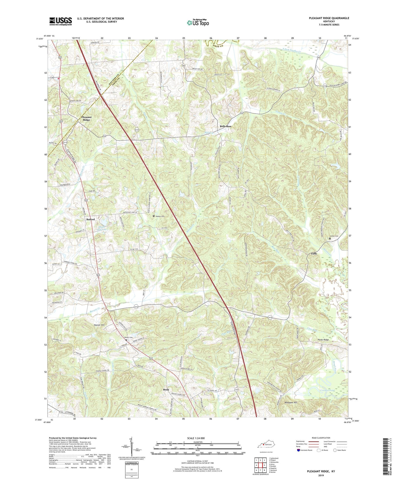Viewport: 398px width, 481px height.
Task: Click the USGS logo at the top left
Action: point(60,21)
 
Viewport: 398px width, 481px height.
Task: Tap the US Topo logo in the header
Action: point(198,23)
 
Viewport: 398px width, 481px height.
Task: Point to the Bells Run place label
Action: point(225,126)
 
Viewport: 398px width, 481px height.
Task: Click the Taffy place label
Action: point(314,254)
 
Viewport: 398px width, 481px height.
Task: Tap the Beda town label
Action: point(166,389)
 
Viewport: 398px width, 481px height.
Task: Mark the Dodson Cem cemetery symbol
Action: point(154,216)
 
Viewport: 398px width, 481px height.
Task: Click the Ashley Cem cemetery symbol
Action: point(330,239)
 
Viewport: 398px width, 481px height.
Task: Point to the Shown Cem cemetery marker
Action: point(126,340)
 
